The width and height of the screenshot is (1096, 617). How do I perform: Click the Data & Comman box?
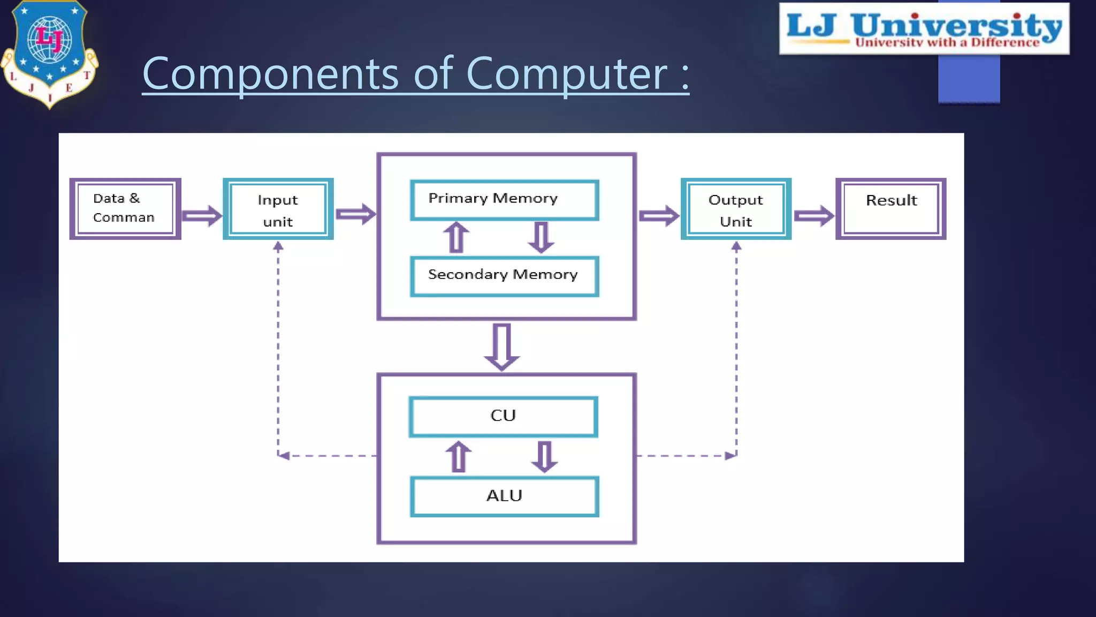click(x=125, y=208)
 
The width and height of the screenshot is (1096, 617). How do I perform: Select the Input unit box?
click(x=278, y=209)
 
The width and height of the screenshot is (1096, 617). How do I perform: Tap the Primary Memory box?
click(x=504, y=200)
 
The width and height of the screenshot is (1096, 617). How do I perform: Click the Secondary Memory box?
click(x=504, y=276)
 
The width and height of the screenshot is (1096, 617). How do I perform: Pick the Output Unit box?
click(x=736, y=209)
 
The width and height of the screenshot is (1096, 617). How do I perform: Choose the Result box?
click(x=890, y=208)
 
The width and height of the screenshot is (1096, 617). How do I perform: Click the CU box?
click(x=503, y=416)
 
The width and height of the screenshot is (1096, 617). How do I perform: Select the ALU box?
click(x=504, y=496)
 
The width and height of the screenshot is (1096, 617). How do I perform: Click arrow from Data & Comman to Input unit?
click(x=202, y=215)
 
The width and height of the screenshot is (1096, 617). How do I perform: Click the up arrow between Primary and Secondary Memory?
click(x=456, y=237)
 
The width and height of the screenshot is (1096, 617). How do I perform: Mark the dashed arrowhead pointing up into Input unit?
click(x=278, y=246)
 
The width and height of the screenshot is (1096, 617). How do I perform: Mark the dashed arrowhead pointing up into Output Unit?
click(x=736, y=246)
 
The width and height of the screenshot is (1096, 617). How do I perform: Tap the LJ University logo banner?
click(x=924, y=28)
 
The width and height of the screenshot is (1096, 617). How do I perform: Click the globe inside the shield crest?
click(x=49, y=39)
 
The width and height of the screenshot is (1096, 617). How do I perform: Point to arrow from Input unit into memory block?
click(x=355, y=214)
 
